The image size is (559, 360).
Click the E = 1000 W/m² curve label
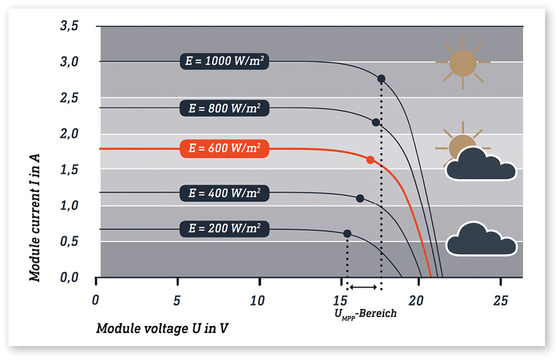click(x=224, y=61)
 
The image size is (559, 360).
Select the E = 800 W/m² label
click(x=224, y=108)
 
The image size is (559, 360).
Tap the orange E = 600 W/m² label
click(x=224, y=148)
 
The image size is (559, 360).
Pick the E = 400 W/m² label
click(x=224, y=193)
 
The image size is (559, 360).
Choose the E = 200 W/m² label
click(x=224, y=229)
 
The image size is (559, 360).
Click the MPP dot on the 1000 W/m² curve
click(x=381, y=79)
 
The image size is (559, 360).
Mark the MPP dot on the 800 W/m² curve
click(x=376, y=122)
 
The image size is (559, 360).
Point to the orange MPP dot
click(x=371, y=160)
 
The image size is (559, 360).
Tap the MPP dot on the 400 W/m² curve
click(x=360, y=199)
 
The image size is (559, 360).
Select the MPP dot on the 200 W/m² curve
click(x=347, y=234)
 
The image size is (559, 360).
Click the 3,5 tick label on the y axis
click(x=69, y=26)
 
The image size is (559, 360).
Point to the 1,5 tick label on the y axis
click(x=69, y=170)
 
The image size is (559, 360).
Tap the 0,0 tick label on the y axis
click(x=69, y=277)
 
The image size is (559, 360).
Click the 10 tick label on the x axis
click(x=257, y=301)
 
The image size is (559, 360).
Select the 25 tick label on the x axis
click(x=500, y=301)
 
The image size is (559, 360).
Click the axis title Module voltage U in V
click(x=162, y=329)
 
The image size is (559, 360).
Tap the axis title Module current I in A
click(x=35, y=218)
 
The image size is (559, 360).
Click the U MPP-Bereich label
click(x=365, y=314)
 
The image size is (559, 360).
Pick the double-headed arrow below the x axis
click(x=363, y=287)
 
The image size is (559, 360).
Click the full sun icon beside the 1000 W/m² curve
click(x=463, y=62)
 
